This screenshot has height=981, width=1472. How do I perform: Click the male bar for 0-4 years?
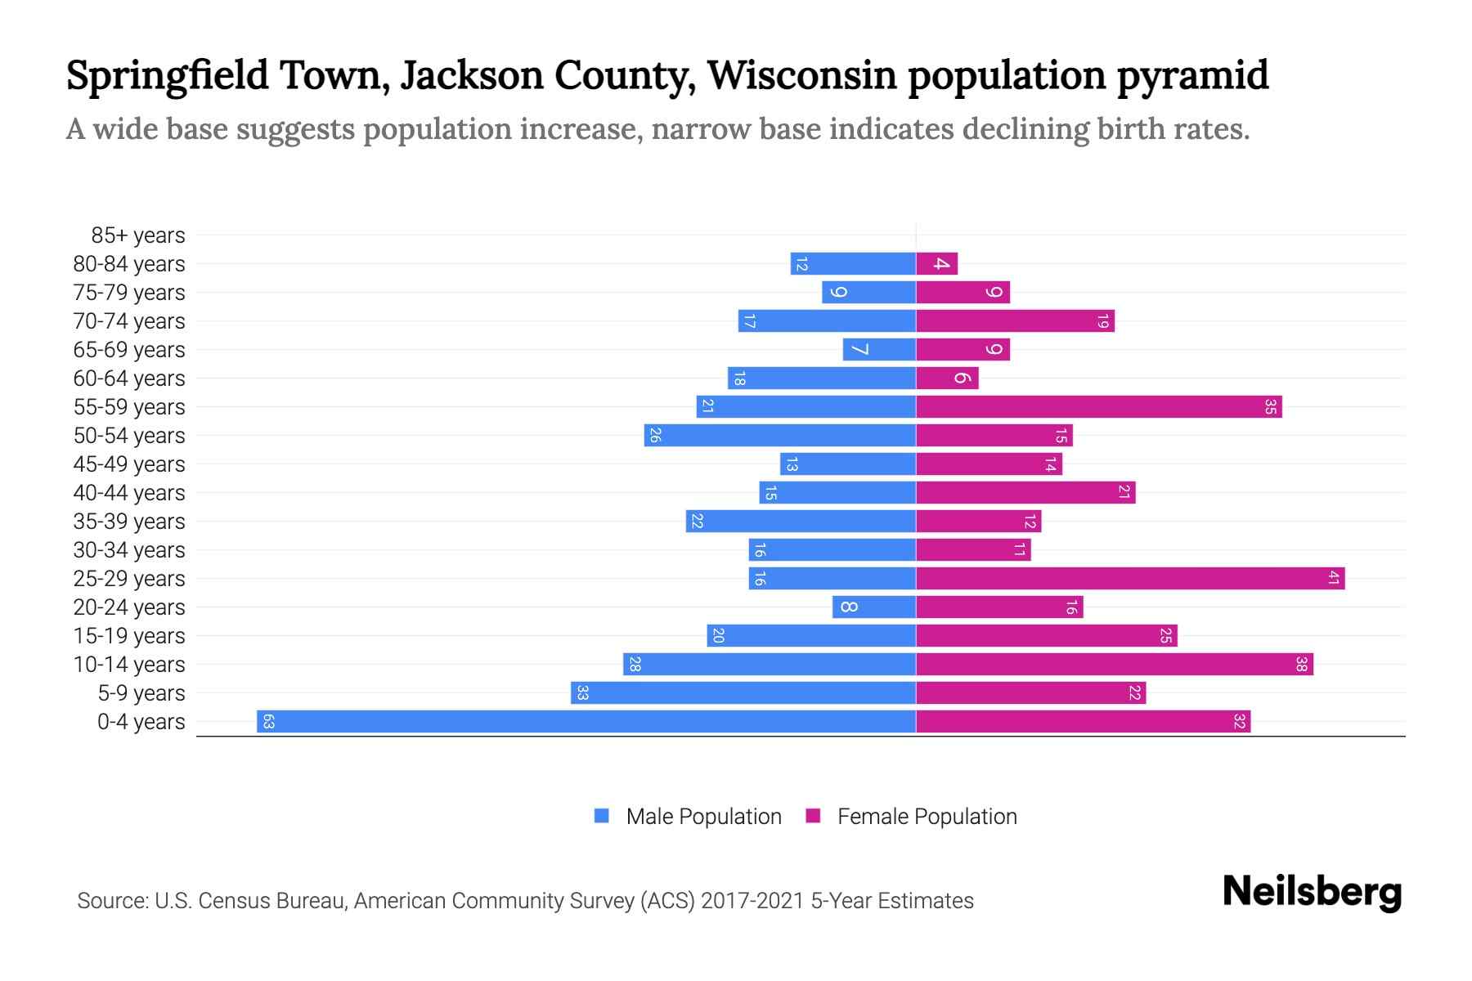click(586, 721)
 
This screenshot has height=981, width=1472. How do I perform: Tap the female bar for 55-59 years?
click(1098, 406)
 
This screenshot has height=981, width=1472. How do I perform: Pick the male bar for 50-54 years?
click(779, 435)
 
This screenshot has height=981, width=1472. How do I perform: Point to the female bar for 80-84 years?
click(936, 263)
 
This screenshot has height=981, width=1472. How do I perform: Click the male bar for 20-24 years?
click(873, 607)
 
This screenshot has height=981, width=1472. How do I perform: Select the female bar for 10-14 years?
click(1114, 664)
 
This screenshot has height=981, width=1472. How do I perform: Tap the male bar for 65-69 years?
click(878, 349)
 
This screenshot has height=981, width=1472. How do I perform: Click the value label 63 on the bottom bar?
click(268, 721)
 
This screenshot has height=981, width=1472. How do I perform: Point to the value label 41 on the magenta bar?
click(1333, 578)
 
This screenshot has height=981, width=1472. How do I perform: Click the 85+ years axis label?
click(137, 235)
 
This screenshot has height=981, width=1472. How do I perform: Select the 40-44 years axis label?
click(129, 493)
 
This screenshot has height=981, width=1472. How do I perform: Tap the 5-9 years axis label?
click(141, 693)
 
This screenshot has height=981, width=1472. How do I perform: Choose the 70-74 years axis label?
click(129, 321)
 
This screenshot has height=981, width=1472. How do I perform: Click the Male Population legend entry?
click(703, 816)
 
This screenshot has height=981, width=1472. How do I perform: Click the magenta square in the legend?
click(813, 816)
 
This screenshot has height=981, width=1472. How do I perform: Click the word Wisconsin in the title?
click(801, 75)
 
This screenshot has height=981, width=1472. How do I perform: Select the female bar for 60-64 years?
click(946, 378)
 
